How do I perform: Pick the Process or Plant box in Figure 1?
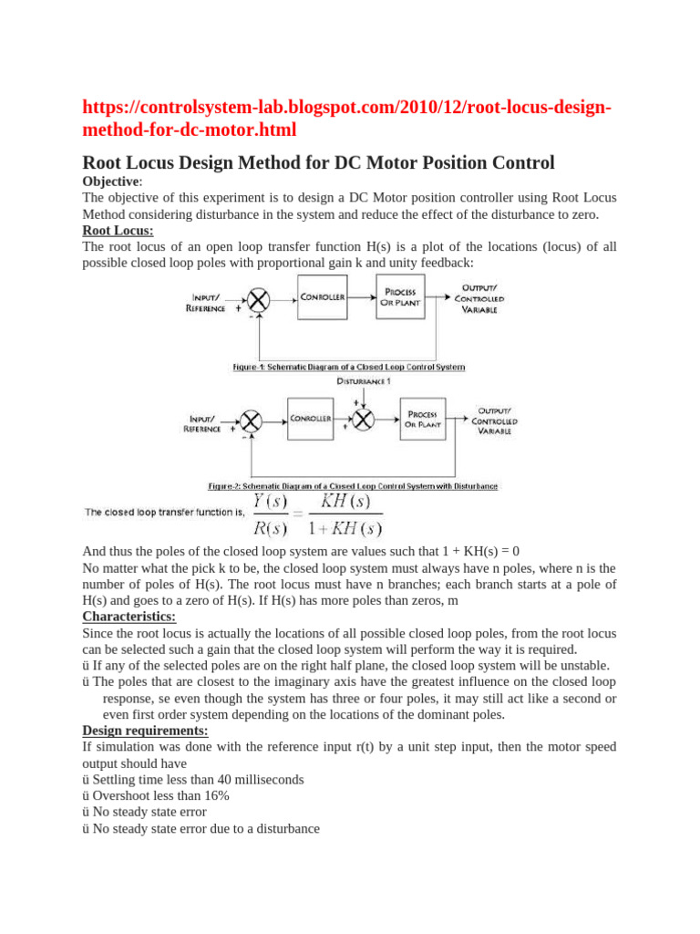400,297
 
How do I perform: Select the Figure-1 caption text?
349,367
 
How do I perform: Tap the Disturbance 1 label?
364,380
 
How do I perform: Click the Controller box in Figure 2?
311,419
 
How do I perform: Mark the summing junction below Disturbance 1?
364,420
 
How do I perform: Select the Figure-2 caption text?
353,486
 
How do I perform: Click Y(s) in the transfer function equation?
271,502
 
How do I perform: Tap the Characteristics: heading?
129,617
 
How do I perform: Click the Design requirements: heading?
145,731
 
